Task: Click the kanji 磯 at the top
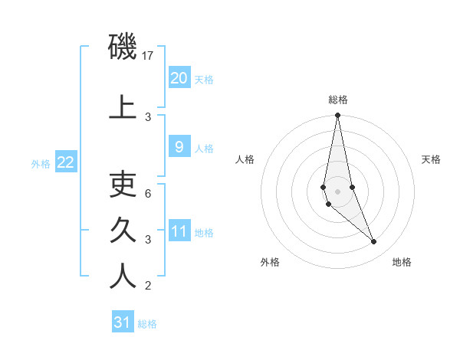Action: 123,47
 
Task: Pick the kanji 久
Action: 123,229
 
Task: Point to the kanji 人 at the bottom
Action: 123,276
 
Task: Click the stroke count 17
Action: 149,56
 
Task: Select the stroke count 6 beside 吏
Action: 149,194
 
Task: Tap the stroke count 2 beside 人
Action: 149,286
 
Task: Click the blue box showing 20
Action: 179,77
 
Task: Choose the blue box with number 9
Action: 179,147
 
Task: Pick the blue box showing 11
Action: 179,232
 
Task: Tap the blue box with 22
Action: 66,162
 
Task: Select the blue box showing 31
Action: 123,322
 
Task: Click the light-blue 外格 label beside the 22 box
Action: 41,163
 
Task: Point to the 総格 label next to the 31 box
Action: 147,324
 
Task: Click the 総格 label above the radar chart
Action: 338,100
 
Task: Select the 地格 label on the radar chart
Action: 402,262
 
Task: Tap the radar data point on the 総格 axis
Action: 337,116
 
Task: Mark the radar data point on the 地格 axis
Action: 373,242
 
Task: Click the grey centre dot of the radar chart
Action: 337,191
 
